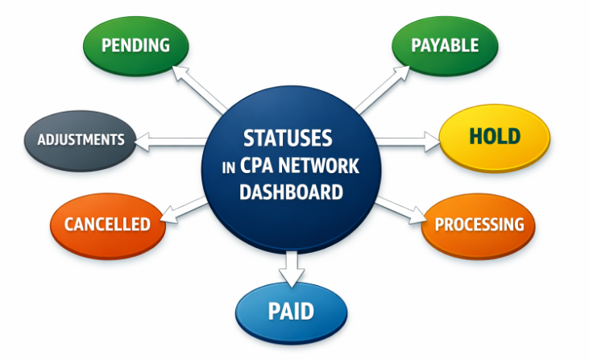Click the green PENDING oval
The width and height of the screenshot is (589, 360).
click(x=135, y=44)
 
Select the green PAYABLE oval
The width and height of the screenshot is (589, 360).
click(x=445, y=44)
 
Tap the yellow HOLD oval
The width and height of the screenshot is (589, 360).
click(x=494, y=136)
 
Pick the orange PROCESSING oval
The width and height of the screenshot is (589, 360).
click(x=479, y=224)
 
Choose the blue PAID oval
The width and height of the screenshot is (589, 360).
click(x=291, y=311)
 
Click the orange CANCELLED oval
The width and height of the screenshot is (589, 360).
click(x=107, y=224)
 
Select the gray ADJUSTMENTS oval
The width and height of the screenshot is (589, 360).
click(x=81, y=139)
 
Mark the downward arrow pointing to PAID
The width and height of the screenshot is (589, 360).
click(x=291, y=267)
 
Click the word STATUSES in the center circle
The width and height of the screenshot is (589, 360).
click(x=288, y=138)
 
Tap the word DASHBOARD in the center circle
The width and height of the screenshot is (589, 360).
click(x=292, y=192)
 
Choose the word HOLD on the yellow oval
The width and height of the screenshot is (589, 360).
click(x=494, y=136)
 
